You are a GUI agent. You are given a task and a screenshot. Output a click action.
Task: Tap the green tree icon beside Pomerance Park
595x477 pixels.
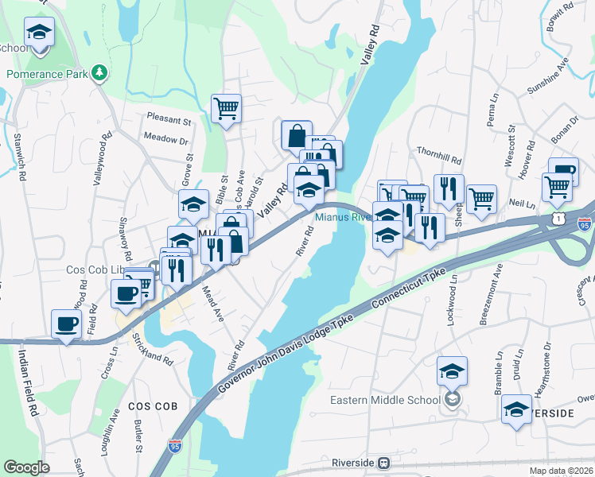pyautogui.click(x=99, y=73)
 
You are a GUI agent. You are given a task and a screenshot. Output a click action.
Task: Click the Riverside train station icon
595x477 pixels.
pyautogui.click(x=384, y=462)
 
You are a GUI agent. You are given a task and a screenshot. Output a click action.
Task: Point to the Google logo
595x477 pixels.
pyautogui.click(x=26, y=467)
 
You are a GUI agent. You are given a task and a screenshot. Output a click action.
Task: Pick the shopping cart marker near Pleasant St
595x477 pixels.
pyautogui.click(x=226, y=109)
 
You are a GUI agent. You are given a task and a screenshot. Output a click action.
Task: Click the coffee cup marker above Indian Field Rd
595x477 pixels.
pyautogui.click(x=67, y=324)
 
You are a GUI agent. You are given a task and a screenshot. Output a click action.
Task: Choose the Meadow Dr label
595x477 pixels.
pyautogui.click(x=165, y=139)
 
